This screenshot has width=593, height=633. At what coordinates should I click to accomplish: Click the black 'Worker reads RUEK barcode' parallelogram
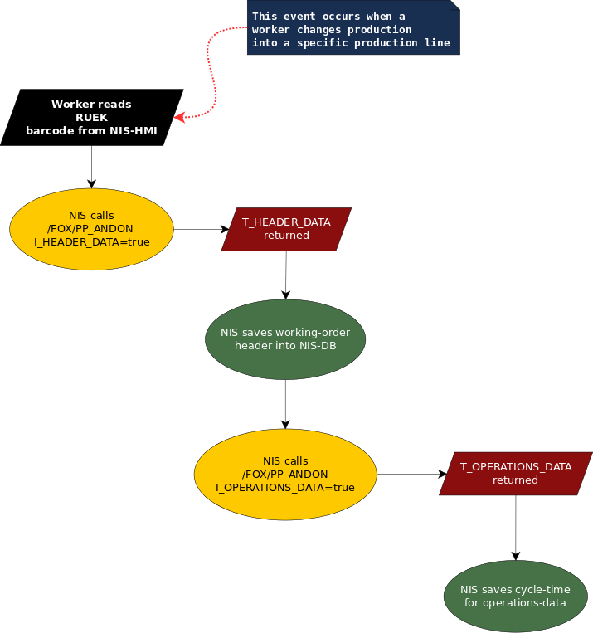coord(91,117)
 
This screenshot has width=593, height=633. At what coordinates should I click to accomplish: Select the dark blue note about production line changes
coord(352,29)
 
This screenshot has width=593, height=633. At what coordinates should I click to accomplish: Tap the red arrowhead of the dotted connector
coord(179,118)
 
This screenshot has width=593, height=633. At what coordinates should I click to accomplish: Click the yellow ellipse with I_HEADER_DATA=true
coord(91,229)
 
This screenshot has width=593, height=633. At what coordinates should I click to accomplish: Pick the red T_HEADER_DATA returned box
coord(286,229)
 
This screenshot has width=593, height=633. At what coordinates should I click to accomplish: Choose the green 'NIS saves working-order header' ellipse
coord(285,338)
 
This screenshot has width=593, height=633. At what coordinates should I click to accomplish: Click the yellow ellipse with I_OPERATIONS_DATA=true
coord(285,475)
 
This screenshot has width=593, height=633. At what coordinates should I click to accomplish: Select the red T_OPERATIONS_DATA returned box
coord(516,474)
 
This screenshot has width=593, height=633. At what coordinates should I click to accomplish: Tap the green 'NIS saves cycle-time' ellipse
coord(516,596)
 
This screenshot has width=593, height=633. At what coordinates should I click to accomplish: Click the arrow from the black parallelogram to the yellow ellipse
coord(91,167)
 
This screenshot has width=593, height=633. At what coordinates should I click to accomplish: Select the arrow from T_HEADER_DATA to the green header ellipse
coord(286,274)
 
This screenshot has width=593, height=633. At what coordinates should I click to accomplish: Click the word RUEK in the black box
coord(91,117)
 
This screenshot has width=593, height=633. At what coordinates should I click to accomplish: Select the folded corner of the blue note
coord(454,5)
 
